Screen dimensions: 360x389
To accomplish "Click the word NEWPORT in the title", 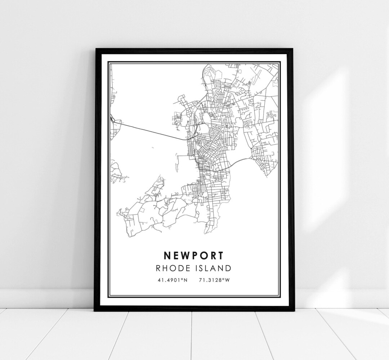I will [193, 255].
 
